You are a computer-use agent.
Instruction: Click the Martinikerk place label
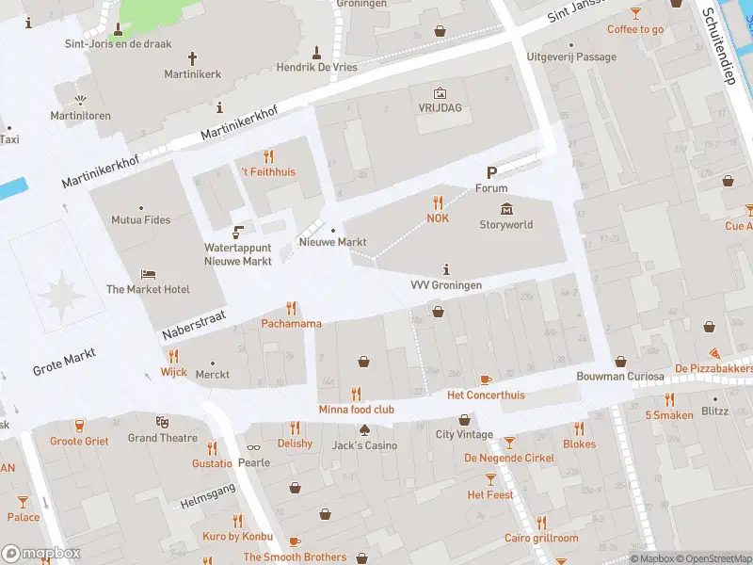tap(194, 73)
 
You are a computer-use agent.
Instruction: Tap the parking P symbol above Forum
tap(490, 172)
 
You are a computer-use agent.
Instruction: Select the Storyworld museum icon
tap(506, 208)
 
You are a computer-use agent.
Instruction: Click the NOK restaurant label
tap(438, 218)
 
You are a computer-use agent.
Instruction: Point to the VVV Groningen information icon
tap(445, 268)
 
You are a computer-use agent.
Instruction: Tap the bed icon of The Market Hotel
tap(148, 274)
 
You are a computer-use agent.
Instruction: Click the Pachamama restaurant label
tap(291, 324)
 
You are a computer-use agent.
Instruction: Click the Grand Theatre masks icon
tap(162, 422)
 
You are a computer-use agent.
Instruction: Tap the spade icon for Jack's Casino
tap(363, 429)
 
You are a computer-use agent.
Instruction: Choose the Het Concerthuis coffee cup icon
tap(485, 379)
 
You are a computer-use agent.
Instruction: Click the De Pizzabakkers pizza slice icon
tap(715, 352)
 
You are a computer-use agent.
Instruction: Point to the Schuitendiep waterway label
tap(716, 47)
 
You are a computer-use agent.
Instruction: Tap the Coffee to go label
tap(635, 29)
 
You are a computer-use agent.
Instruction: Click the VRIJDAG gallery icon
tap(439, 92)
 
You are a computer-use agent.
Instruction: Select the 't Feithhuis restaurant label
tap(268, 172)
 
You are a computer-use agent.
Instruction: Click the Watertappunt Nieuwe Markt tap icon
tap(237, 232)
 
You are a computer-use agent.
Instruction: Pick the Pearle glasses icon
tap(253, 447)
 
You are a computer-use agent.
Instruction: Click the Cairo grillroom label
tap(540, 538)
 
